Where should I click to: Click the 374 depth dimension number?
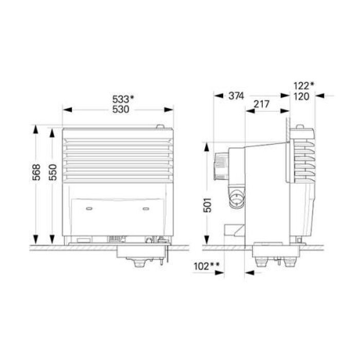[x=236, y=96]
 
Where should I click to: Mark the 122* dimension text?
[x=304, y=86]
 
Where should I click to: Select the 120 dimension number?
[x=302, y=96]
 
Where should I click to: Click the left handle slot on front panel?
[x=90, y=208]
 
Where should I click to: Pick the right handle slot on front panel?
[x=146, y=208]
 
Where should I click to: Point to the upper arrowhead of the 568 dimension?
[x=35, y=129]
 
